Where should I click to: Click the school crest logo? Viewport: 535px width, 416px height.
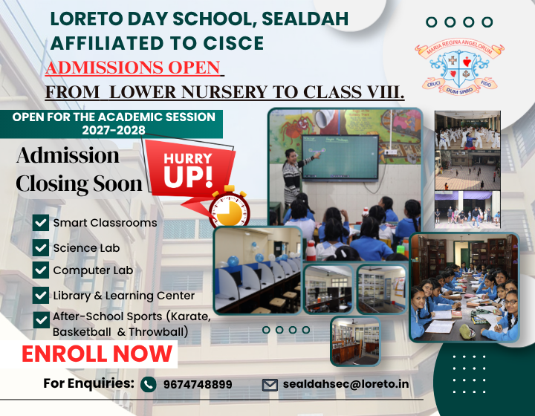(x=459, y=67)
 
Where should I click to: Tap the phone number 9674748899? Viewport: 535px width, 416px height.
(x=198, y=384)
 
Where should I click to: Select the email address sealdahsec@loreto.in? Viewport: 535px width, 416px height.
(x=346, y=384)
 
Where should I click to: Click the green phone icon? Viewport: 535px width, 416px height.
(x=149, y=385)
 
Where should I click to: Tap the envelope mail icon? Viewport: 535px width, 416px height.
(x=270, y=385)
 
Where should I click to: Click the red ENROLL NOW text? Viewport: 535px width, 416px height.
(x=97, y=354)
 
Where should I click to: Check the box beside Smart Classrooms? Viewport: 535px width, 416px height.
(x=41, y=223)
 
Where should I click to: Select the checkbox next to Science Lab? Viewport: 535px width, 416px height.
(x=41, y=248)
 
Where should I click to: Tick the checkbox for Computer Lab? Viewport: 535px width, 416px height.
(x=41, y=270)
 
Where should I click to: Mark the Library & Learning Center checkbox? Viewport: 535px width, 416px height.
(x=41, y=296)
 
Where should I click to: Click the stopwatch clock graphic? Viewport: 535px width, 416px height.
(x=229, y=207)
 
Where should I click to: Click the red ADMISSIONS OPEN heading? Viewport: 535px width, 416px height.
(x=133, y=67)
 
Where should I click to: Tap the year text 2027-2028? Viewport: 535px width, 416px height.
(x=114, y=130)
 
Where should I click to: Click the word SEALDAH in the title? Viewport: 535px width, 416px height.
(x=305, y=19)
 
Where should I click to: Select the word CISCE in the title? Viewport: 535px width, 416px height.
(x=233, y=43)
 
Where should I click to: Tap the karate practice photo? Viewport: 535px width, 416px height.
(x=467, y=131)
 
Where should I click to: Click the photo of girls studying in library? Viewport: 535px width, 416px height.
(x=464, y=287)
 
